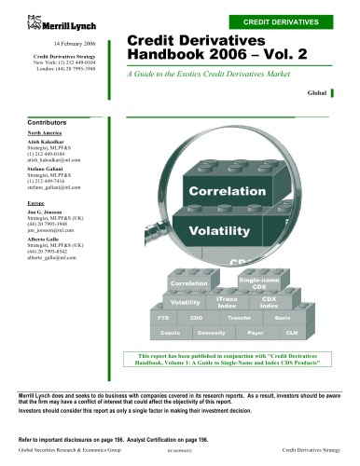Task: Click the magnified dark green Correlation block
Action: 227,192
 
